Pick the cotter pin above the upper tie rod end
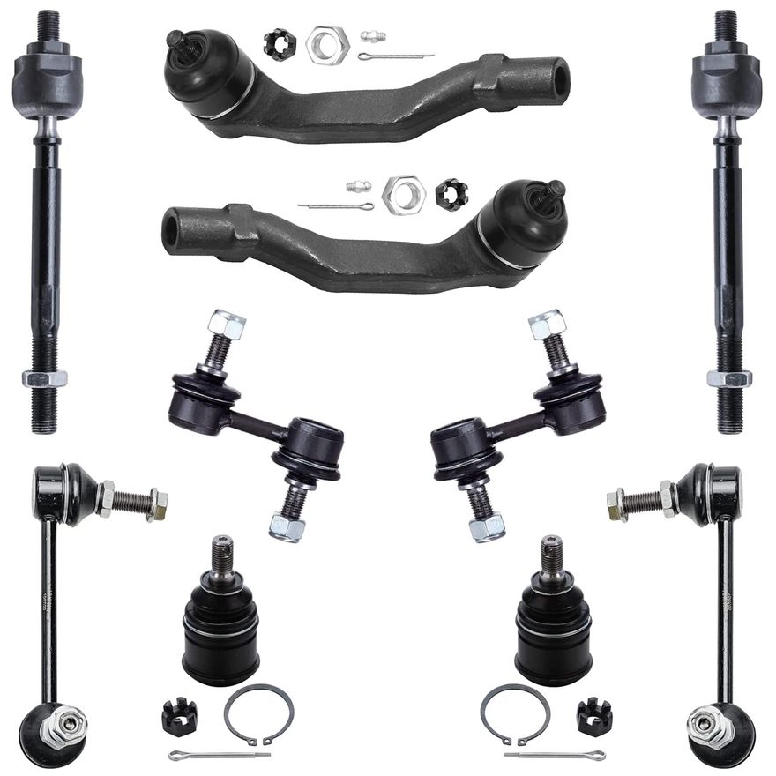396,56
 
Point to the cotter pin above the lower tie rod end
335,206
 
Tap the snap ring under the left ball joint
257,712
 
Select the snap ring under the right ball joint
516,712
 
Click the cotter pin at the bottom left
218,756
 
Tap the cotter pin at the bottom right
554,756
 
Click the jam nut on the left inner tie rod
44,378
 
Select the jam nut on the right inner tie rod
729,378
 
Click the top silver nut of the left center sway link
228,326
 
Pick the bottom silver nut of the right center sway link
486,526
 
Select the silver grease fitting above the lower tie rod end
357,188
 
